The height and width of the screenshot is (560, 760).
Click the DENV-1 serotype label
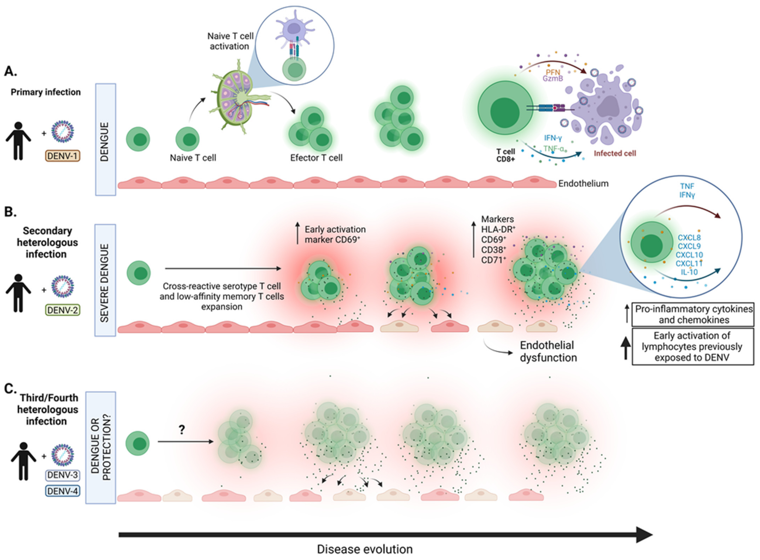pyautogui.click(x=63, y=156)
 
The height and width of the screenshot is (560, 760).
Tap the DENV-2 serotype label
pyautogui.click(x=63, y=310)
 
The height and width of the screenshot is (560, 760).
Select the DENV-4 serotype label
pyautogui.click(x=63, y=491)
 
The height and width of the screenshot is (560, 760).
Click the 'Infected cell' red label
pyautogui.click(x=615, y=153)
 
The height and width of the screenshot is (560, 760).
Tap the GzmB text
pyautogui.click(x=552, y=79)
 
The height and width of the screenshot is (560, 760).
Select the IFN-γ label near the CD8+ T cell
pyautogui.click(x=553, y=138)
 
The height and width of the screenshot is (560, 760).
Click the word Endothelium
pyautogui.click(x=583, y=183)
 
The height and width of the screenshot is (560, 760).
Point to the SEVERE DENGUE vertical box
pyautogui.click(x=105, y=280)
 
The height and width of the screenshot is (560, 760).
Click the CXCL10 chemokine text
pyautogui.click(x=689, y=254)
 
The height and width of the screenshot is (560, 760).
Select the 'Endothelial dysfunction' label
pyautogui.click(x=548, y=351)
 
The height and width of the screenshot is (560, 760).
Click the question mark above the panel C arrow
pyautogui.click(x=182, y=429)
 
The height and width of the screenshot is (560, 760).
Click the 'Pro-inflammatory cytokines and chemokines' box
pyautogui.click(x=693, y=314)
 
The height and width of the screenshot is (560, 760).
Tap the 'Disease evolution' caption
pyautogui.click(x=364, y=549)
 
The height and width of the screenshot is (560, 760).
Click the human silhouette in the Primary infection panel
pyautogui.click(x=18, y=141)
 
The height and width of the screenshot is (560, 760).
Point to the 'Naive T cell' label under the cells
pyautogui.click(x=193, y=158)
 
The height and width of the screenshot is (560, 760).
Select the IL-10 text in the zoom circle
pyautogui.click(x=689, y=272)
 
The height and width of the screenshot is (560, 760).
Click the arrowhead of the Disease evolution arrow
pyautogui.click(x=644, y=535)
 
